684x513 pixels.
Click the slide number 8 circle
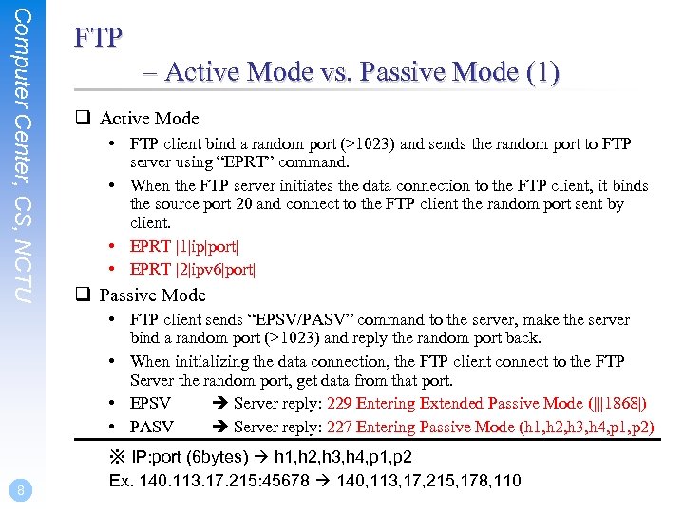21,489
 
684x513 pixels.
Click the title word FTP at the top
99,39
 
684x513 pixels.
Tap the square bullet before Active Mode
84,119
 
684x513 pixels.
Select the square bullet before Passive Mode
84,295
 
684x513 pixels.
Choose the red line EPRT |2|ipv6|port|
193,270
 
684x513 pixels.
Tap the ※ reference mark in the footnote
118,457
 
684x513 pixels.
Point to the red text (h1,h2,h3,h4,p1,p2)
585,427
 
